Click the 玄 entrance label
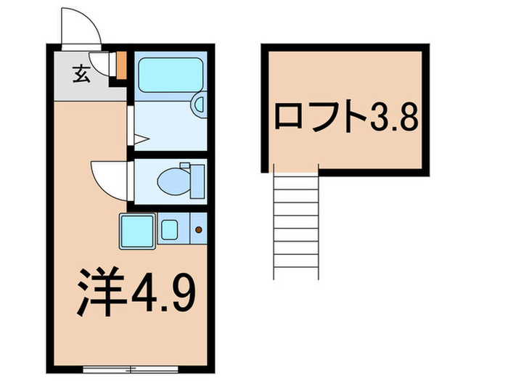pyautogui.click(x=81, y=73)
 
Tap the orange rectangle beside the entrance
pyautogui.click(x=122, y=65)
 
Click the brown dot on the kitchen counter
pyautogui.click(x=199, y=231)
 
